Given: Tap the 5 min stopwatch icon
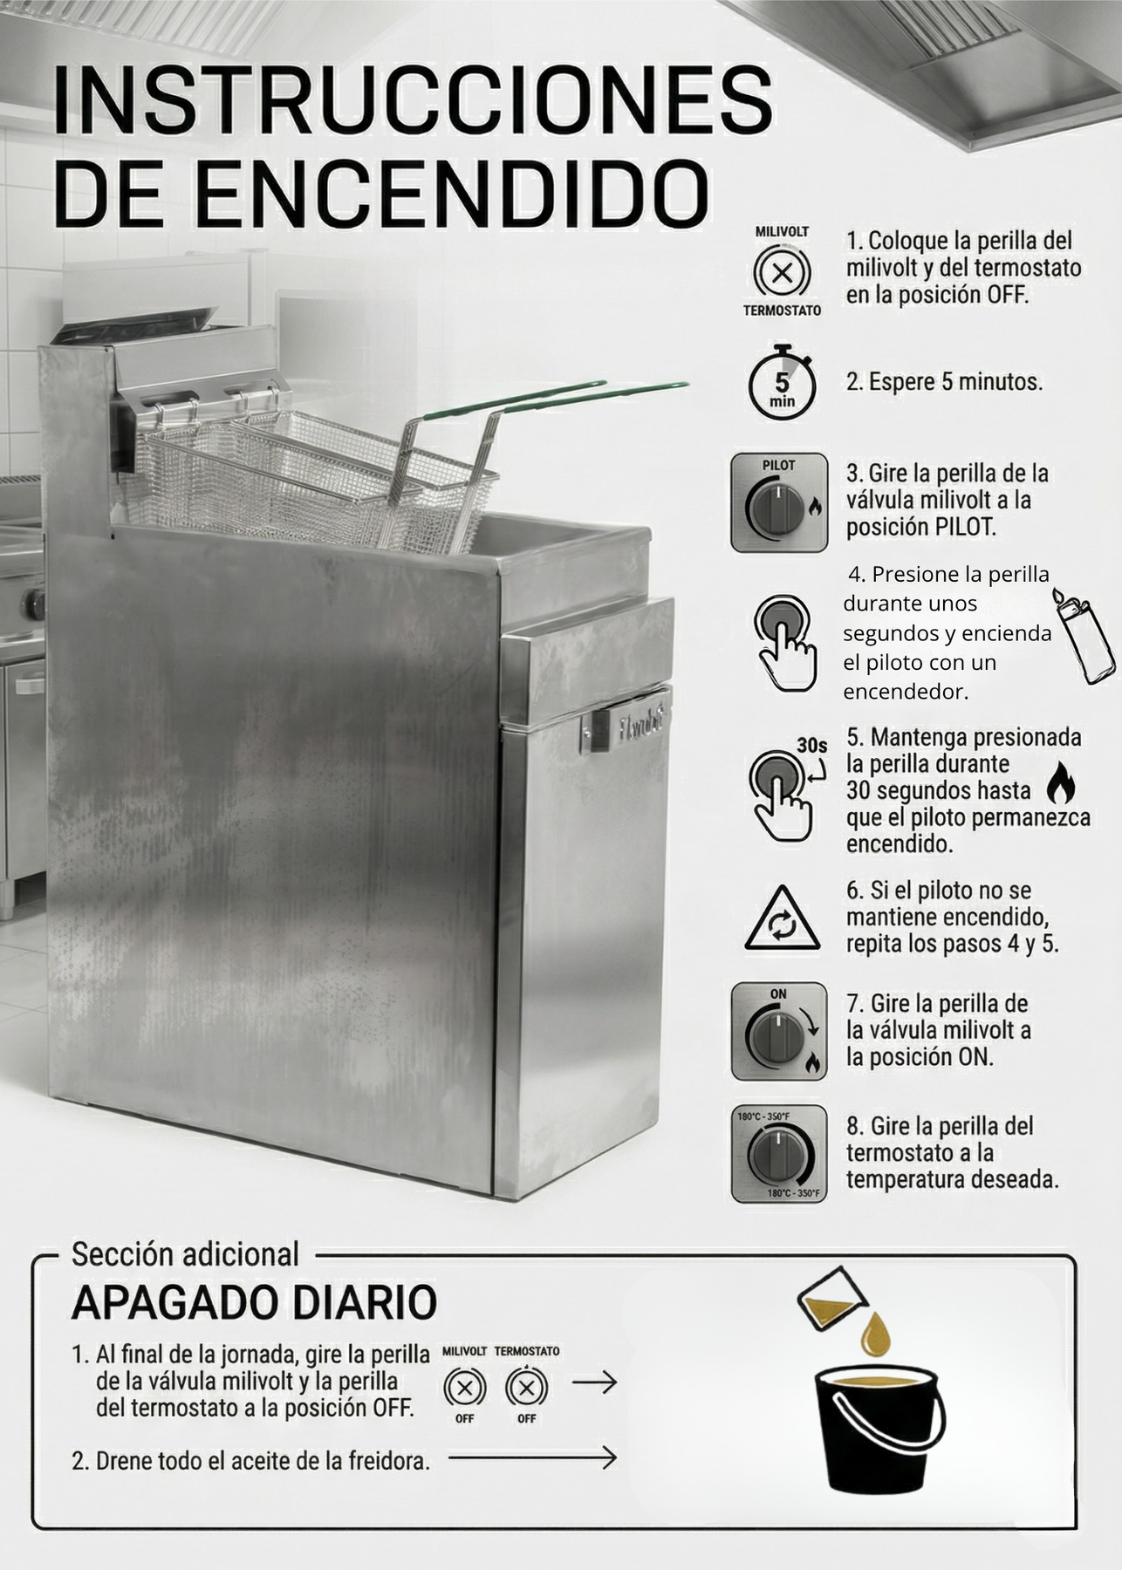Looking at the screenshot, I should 782,385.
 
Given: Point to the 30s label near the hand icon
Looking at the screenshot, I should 811,745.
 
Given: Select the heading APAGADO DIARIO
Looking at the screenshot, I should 254,1303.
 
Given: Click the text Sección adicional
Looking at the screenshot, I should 185,1254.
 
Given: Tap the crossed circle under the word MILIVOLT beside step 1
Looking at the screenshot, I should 782,273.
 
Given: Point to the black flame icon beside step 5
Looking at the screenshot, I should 1060,782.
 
